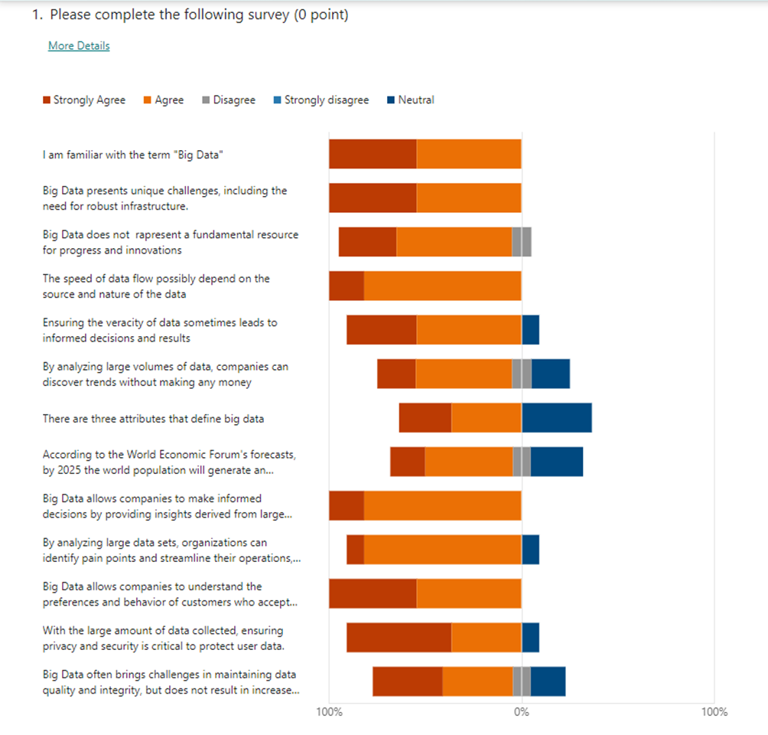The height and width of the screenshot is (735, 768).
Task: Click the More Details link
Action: [x=79, y=46]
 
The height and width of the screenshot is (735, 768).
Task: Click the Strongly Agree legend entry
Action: [x=84, y=100]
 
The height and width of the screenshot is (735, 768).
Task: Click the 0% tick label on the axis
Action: [x=521, y=712]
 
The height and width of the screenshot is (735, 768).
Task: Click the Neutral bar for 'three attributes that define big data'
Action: [x=556, y=418]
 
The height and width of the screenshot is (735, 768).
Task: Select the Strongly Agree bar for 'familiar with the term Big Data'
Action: [x=373, y=154]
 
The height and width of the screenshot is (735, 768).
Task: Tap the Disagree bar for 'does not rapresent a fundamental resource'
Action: [x=521, y=242]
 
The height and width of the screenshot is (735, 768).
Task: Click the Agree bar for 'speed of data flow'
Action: [x=442, y=286]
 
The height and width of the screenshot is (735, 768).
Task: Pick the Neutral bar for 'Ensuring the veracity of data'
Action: [x=530, y=330]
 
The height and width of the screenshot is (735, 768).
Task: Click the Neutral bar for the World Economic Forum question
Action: [x=556, y=462]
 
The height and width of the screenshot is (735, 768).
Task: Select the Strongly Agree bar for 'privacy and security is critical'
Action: [x=399, y=638]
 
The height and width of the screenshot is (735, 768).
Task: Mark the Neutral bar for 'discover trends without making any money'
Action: [x=550, y=374]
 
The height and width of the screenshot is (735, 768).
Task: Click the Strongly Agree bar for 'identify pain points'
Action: [x=355, y=550]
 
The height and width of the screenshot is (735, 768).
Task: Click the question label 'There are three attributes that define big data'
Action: [x=153, y=419]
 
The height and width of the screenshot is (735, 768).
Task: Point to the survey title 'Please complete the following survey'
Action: [x=199, y=15]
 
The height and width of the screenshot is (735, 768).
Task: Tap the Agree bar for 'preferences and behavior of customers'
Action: [x=468, y=593]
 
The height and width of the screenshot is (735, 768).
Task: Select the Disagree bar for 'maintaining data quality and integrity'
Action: [x=521, y=681]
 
